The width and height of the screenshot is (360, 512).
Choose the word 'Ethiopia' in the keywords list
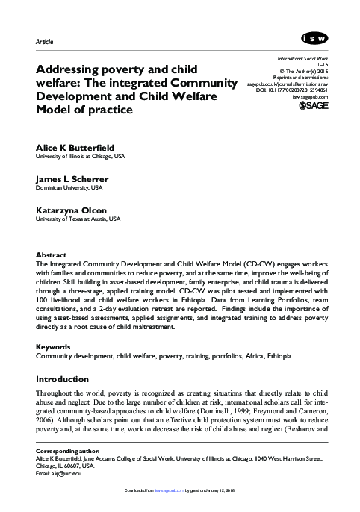pyautogui.click(x=278, y=357)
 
